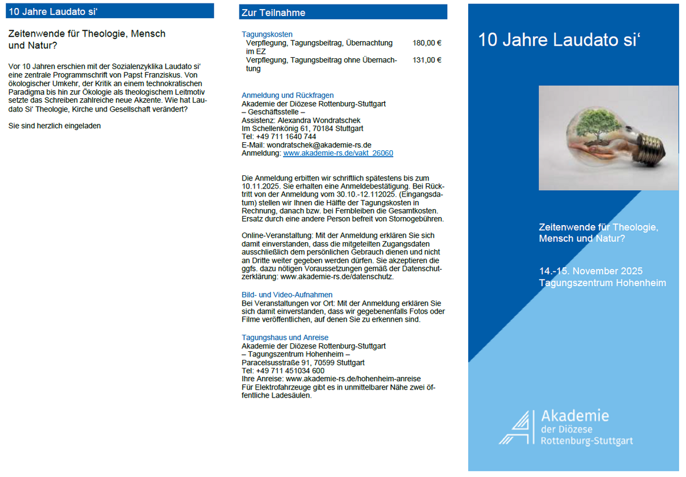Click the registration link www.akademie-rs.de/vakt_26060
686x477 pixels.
click(x=338, y=154)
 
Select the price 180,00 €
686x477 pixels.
click(x=426, y=43)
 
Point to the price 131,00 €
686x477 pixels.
click(x=426, y=60)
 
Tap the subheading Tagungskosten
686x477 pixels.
click(x=267, y=34)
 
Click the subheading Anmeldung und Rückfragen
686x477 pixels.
click(x=288, y=95)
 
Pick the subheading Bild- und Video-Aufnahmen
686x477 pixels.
click(x=287, y=295)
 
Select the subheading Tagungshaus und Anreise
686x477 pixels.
click(x=285, y=338)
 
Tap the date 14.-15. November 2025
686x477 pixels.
click(x=591, y=271)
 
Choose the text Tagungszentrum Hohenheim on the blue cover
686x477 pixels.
click(x=602, y=283)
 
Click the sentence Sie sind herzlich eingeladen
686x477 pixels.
click(x=54, y=126)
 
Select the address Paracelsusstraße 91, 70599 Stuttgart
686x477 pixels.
click(x=303, y=363)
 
